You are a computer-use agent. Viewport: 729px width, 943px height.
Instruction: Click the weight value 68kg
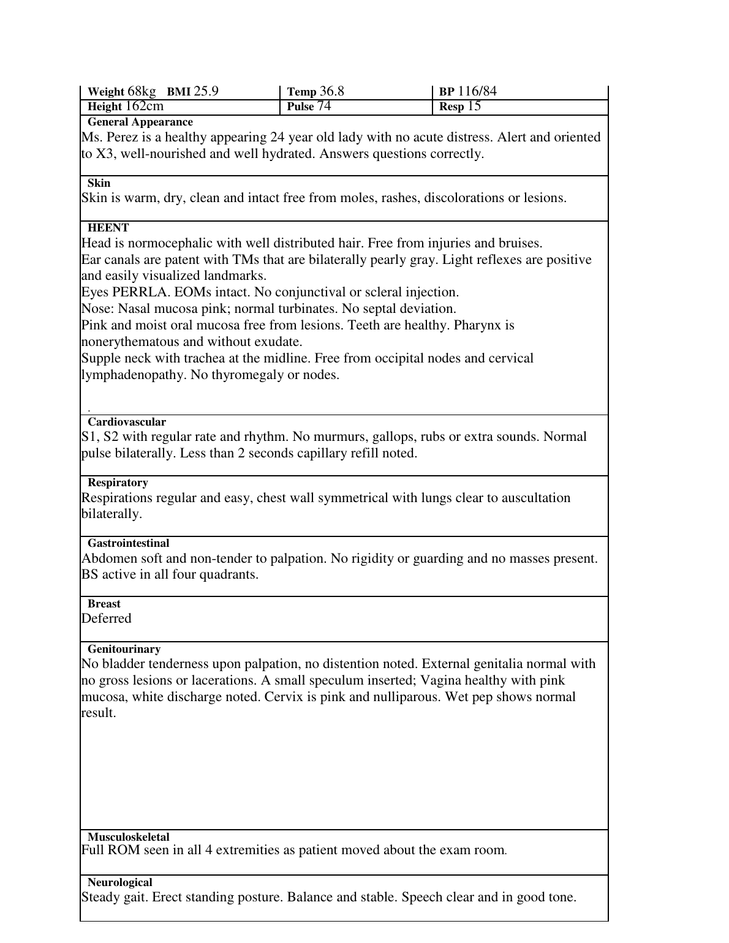tap(142, 92)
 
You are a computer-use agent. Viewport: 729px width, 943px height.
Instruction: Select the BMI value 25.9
tap(206, 92)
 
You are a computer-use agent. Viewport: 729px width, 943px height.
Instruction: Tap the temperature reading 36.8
tap(331, 92)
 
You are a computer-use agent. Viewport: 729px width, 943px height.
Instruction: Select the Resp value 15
tap(474, 107)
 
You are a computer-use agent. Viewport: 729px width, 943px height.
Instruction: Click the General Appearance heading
tap(140, 122)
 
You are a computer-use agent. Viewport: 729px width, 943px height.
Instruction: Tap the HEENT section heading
tap(108, 228)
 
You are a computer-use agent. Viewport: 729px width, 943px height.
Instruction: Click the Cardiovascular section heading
tap(127, 422)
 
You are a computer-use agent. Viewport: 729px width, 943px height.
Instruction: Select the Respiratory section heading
tap(118, 483)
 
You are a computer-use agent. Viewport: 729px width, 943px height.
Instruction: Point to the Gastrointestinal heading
tap(129, 543)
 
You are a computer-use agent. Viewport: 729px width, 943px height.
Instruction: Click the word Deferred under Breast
tap(106, 618)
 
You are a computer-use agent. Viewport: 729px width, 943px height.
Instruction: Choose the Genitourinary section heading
tap(124, 649)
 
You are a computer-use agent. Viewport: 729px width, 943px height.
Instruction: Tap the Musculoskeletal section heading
tap(129, 837)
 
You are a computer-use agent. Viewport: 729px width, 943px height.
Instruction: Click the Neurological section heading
tap(120, 882)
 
